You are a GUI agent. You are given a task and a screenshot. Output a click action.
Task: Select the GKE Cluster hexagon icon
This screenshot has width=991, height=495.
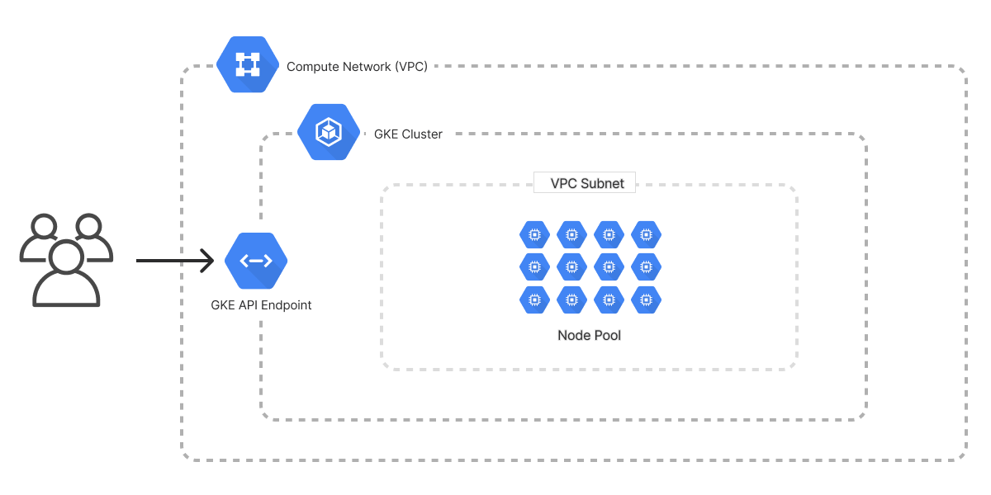[330, 132]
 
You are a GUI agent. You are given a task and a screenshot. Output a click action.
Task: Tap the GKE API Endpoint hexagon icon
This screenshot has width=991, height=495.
[256, 261]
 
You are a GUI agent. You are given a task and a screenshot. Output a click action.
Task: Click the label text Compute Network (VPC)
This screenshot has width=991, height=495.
[357, 67]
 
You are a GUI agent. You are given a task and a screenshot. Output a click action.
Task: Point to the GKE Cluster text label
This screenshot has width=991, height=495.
[408, 134]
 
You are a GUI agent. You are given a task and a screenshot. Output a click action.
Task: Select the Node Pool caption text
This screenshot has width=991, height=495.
[590, 335]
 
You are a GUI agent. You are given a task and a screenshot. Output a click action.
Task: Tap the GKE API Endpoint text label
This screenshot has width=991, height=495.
[261, 305]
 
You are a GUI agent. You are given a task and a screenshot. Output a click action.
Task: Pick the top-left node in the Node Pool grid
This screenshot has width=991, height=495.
[534, 235]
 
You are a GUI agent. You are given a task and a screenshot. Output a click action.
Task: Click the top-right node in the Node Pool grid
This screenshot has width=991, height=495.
[646, 235]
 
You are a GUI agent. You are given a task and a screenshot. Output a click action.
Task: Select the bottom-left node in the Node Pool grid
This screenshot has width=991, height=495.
[534, 299]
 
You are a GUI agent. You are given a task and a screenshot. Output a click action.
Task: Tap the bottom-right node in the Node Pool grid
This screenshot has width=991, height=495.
[646, 299]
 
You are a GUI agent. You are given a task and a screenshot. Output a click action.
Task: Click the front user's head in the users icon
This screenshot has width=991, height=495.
[65, 256]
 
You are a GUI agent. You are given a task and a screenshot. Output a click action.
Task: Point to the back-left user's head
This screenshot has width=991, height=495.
[42, 226]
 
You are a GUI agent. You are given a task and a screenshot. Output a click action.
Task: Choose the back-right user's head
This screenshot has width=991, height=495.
[88, 226]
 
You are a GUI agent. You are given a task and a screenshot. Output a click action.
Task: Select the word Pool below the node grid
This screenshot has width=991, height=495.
[607, 335]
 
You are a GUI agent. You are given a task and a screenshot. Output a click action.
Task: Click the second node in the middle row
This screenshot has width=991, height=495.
[571, 267]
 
